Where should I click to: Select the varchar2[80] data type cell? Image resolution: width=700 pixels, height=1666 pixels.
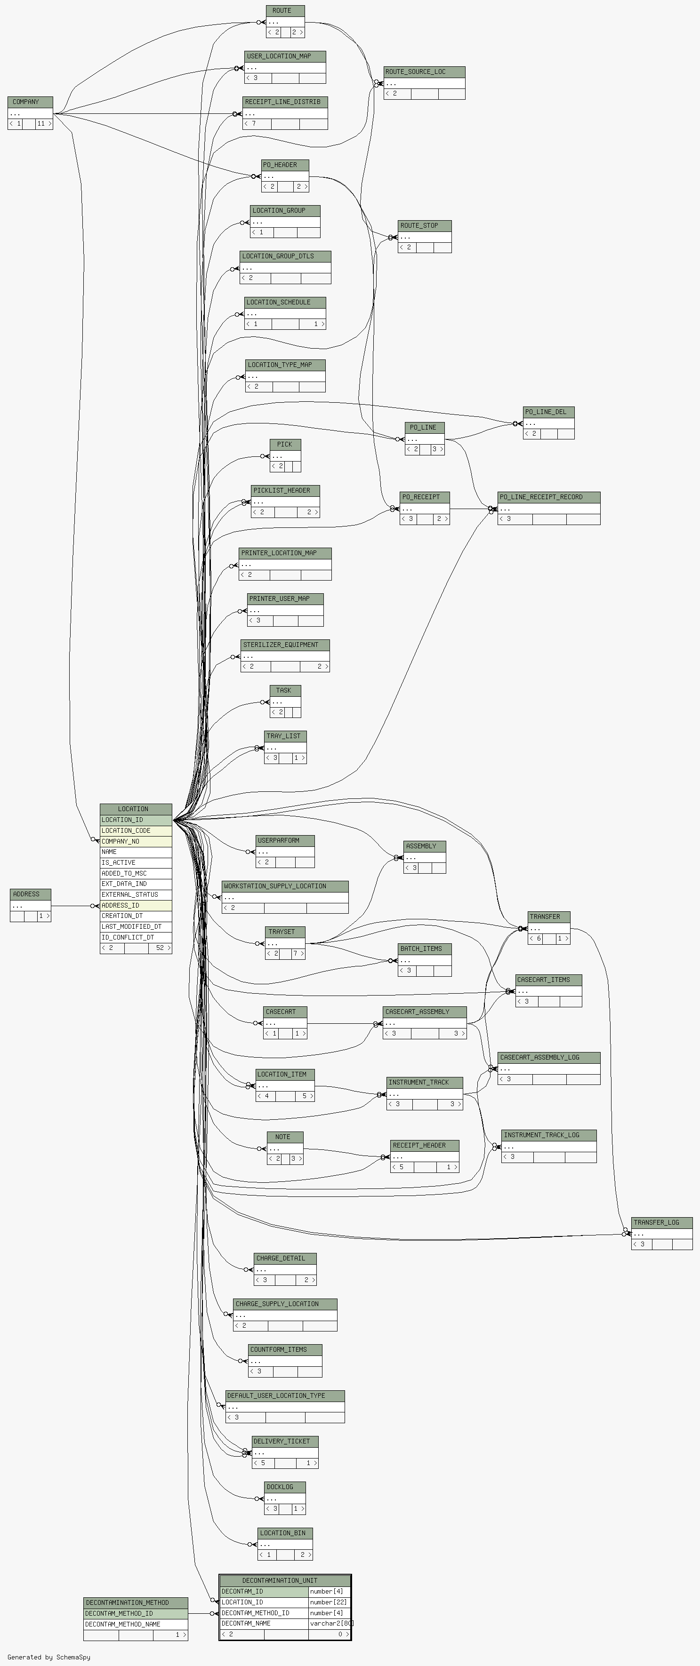tap(330, 1623)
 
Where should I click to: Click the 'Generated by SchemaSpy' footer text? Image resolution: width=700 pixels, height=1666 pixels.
tap(49, 1657)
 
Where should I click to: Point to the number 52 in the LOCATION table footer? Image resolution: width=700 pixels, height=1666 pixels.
tap(160, 948)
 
